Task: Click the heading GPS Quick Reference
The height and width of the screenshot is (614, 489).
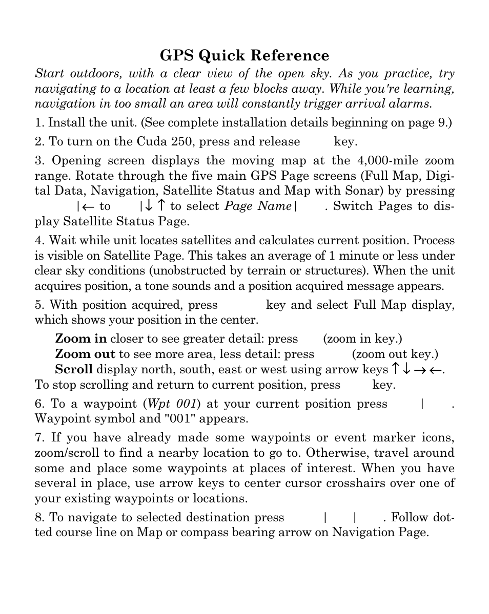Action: pyautogui.click(x=244, y=55)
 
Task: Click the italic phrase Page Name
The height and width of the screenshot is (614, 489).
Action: pyautogui.click(x=258, y=206)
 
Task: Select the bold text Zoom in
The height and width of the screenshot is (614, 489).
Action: pyautogui.click(x=81, y=339)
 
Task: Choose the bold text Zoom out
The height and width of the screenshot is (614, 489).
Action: pyautogui.click(x=85, y=354)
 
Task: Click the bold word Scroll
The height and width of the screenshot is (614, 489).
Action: pyautogui.click(x=74, y=370)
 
